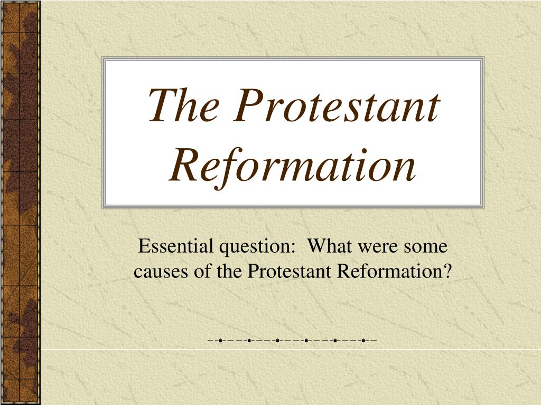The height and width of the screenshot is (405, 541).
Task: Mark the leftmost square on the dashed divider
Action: [x=220, y=341]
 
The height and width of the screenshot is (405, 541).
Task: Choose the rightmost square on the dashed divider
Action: [x=363, y=341]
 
